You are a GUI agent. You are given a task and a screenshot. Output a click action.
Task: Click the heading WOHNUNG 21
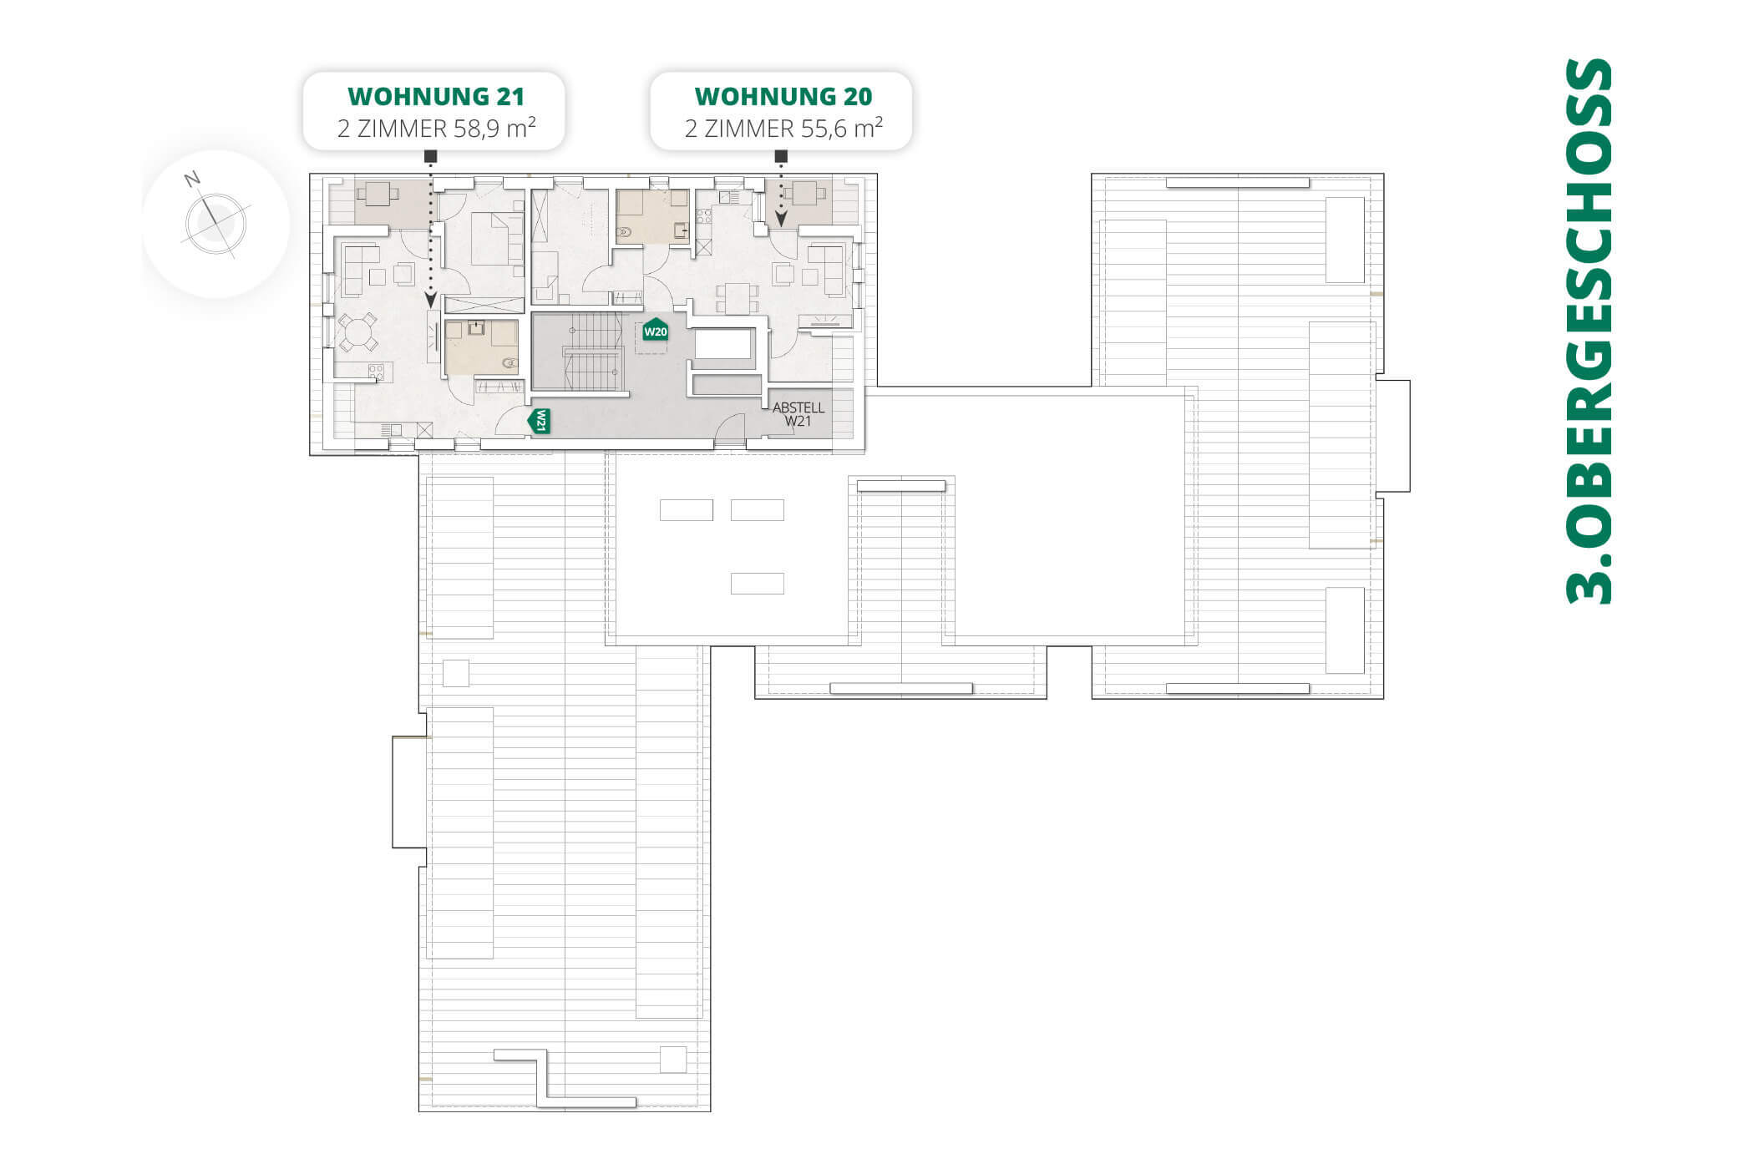coord(436,96)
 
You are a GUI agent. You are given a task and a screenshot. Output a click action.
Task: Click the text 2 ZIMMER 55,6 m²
coord(783,129)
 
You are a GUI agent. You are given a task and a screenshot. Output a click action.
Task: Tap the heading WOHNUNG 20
coord(783,96)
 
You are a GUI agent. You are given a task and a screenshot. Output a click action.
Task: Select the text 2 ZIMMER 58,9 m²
coord(436,129)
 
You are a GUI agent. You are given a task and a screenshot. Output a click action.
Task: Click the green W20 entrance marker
coord(655,331)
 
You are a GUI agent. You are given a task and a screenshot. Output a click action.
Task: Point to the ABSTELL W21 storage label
coord(798,414)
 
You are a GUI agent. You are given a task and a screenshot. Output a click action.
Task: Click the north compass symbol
coord(215,223)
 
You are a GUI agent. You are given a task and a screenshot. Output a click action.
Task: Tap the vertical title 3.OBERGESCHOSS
coord(1588,330)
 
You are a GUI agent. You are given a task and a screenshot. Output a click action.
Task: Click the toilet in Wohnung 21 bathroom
coord(508,362)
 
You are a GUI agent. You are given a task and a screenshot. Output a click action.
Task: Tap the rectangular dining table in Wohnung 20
coord(736,298)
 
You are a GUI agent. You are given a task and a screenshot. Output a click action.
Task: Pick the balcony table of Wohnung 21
coord(378,195)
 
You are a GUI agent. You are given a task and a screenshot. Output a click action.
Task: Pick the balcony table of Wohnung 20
coord(803,194)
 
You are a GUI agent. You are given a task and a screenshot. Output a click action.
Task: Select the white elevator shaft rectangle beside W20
coord(722,344)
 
